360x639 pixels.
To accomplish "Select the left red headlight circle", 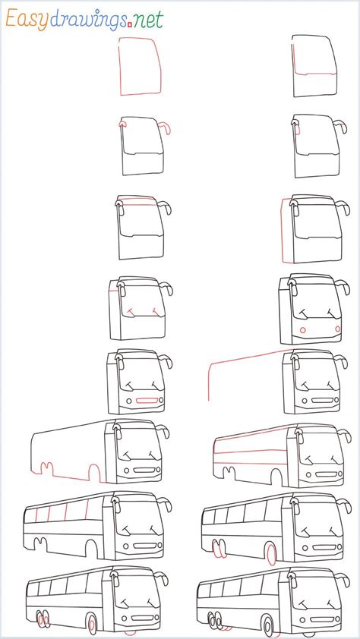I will (x=303, y=331).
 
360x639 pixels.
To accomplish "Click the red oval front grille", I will (x=149, y=400).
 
